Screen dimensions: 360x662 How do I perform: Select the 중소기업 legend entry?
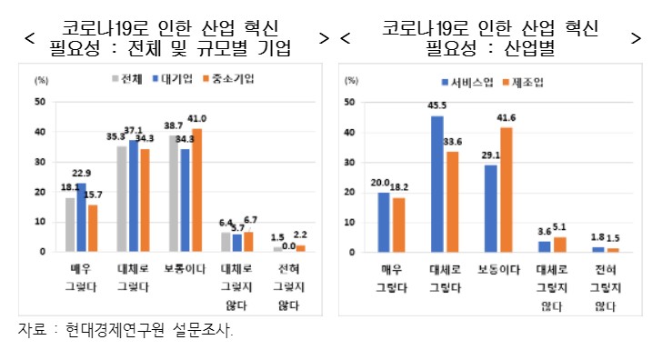click(227, 79)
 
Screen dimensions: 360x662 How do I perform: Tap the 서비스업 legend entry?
click(466, 83)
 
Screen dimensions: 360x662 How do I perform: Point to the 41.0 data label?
click(197, 118)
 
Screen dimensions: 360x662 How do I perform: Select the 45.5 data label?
click(437, 106)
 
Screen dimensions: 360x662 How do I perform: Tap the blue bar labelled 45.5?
click(437, 183)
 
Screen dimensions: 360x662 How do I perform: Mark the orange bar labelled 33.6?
click(451, 201)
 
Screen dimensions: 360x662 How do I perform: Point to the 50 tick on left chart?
click(39, 102)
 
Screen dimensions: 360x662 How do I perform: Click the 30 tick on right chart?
click(350, 162)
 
